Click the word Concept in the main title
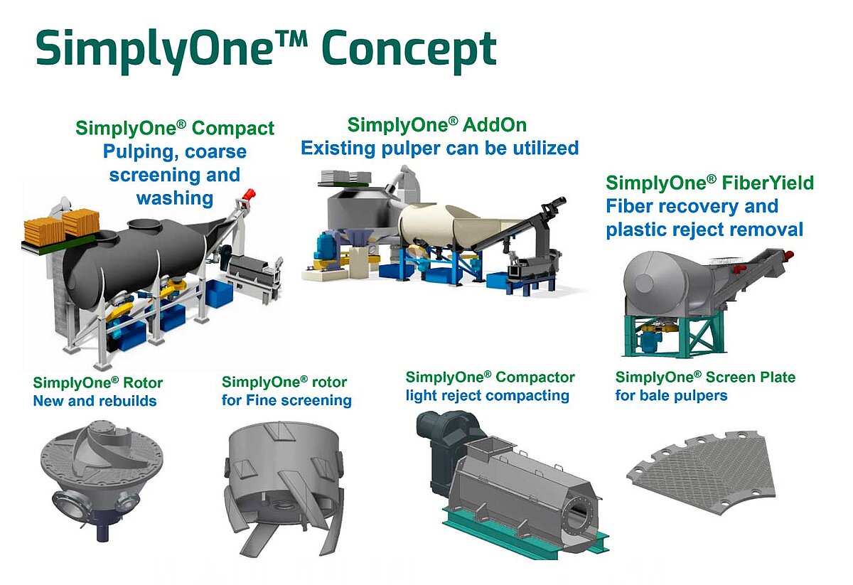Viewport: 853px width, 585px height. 409,50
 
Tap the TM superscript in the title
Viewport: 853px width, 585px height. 291,39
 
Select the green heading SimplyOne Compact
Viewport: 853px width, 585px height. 175,128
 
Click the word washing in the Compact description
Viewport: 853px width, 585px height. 175,198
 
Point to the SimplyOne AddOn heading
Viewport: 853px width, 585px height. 436,125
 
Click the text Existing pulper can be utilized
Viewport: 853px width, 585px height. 440,148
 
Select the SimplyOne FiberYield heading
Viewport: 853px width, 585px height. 709,183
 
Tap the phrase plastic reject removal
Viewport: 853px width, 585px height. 704,230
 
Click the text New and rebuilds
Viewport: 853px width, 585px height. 95,401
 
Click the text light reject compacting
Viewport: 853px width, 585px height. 488,396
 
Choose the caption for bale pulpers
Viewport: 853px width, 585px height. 671,395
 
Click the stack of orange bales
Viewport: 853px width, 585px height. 62,227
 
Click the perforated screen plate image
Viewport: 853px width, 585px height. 701,472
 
